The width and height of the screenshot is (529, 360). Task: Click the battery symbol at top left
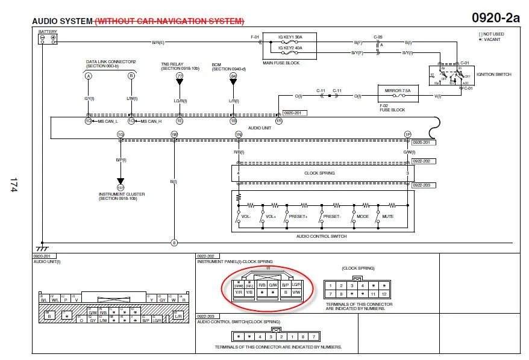coord(47,39)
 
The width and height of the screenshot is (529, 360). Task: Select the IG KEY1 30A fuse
coord(291,37)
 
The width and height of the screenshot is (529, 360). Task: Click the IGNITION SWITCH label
coord(493,75)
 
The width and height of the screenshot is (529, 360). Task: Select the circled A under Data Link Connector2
coord(89,76)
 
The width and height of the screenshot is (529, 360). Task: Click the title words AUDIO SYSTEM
coord(63,21)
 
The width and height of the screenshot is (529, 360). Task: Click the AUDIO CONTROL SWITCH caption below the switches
coord(322,237)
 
